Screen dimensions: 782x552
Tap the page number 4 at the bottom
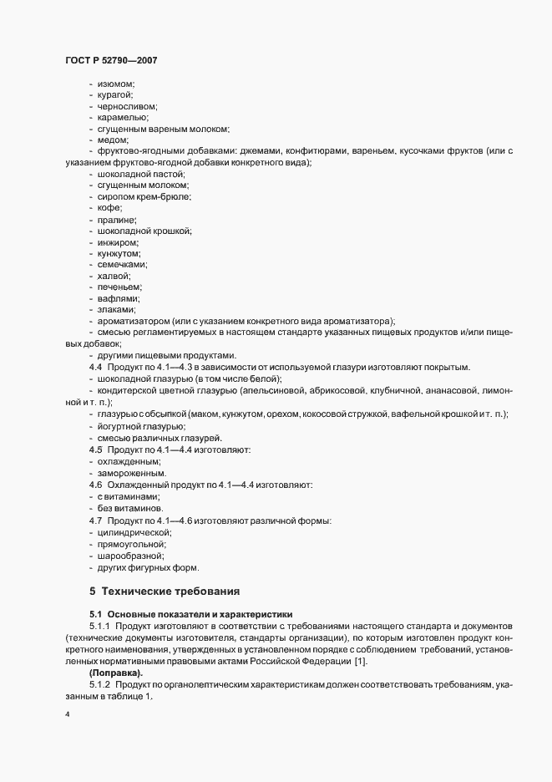67,715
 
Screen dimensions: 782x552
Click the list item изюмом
117,84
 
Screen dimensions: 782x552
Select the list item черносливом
128,106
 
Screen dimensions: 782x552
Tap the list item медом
113,140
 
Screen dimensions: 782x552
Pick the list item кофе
110,208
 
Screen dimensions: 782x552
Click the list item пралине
117,219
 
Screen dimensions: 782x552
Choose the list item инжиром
119,241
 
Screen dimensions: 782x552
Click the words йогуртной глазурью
130,427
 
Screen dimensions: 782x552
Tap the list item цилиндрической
135,532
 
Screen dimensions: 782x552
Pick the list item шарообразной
130,556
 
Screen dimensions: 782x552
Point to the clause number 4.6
95,484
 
